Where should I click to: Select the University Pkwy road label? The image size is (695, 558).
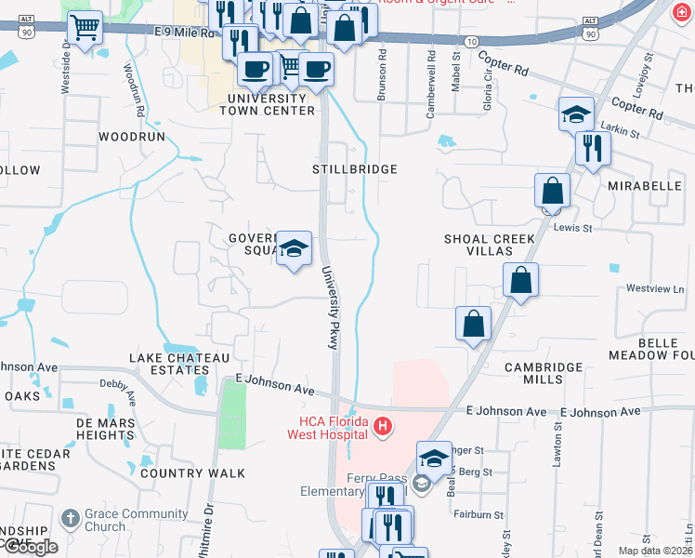pyautogui.click(x=330, y=308)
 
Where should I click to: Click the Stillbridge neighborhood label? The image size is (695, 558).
pyautogui.click(x=355, y=169)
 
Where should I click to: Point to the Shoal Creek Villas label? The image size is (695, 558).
pyautogui.click(x=490, y=246)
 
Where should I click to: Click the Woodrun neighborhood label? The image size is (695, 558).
pyautogui.click(x=131, y=136)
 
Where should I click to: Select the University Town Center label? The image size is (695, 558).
pyautogui.click(x=268, y=104)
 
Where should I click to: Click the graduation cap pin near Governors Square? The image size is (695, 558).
pyautogui.click(x=295, y=248)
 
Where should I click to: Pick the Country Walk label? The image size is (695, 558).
pyautogui.click(x=193, y=473)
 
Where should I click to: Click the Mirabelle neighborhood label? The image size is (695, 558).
pyautogui.click(x=645, y=186)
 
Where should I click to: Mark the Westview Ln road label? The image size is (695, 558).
pyautogui.click(x=654, y=289)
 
